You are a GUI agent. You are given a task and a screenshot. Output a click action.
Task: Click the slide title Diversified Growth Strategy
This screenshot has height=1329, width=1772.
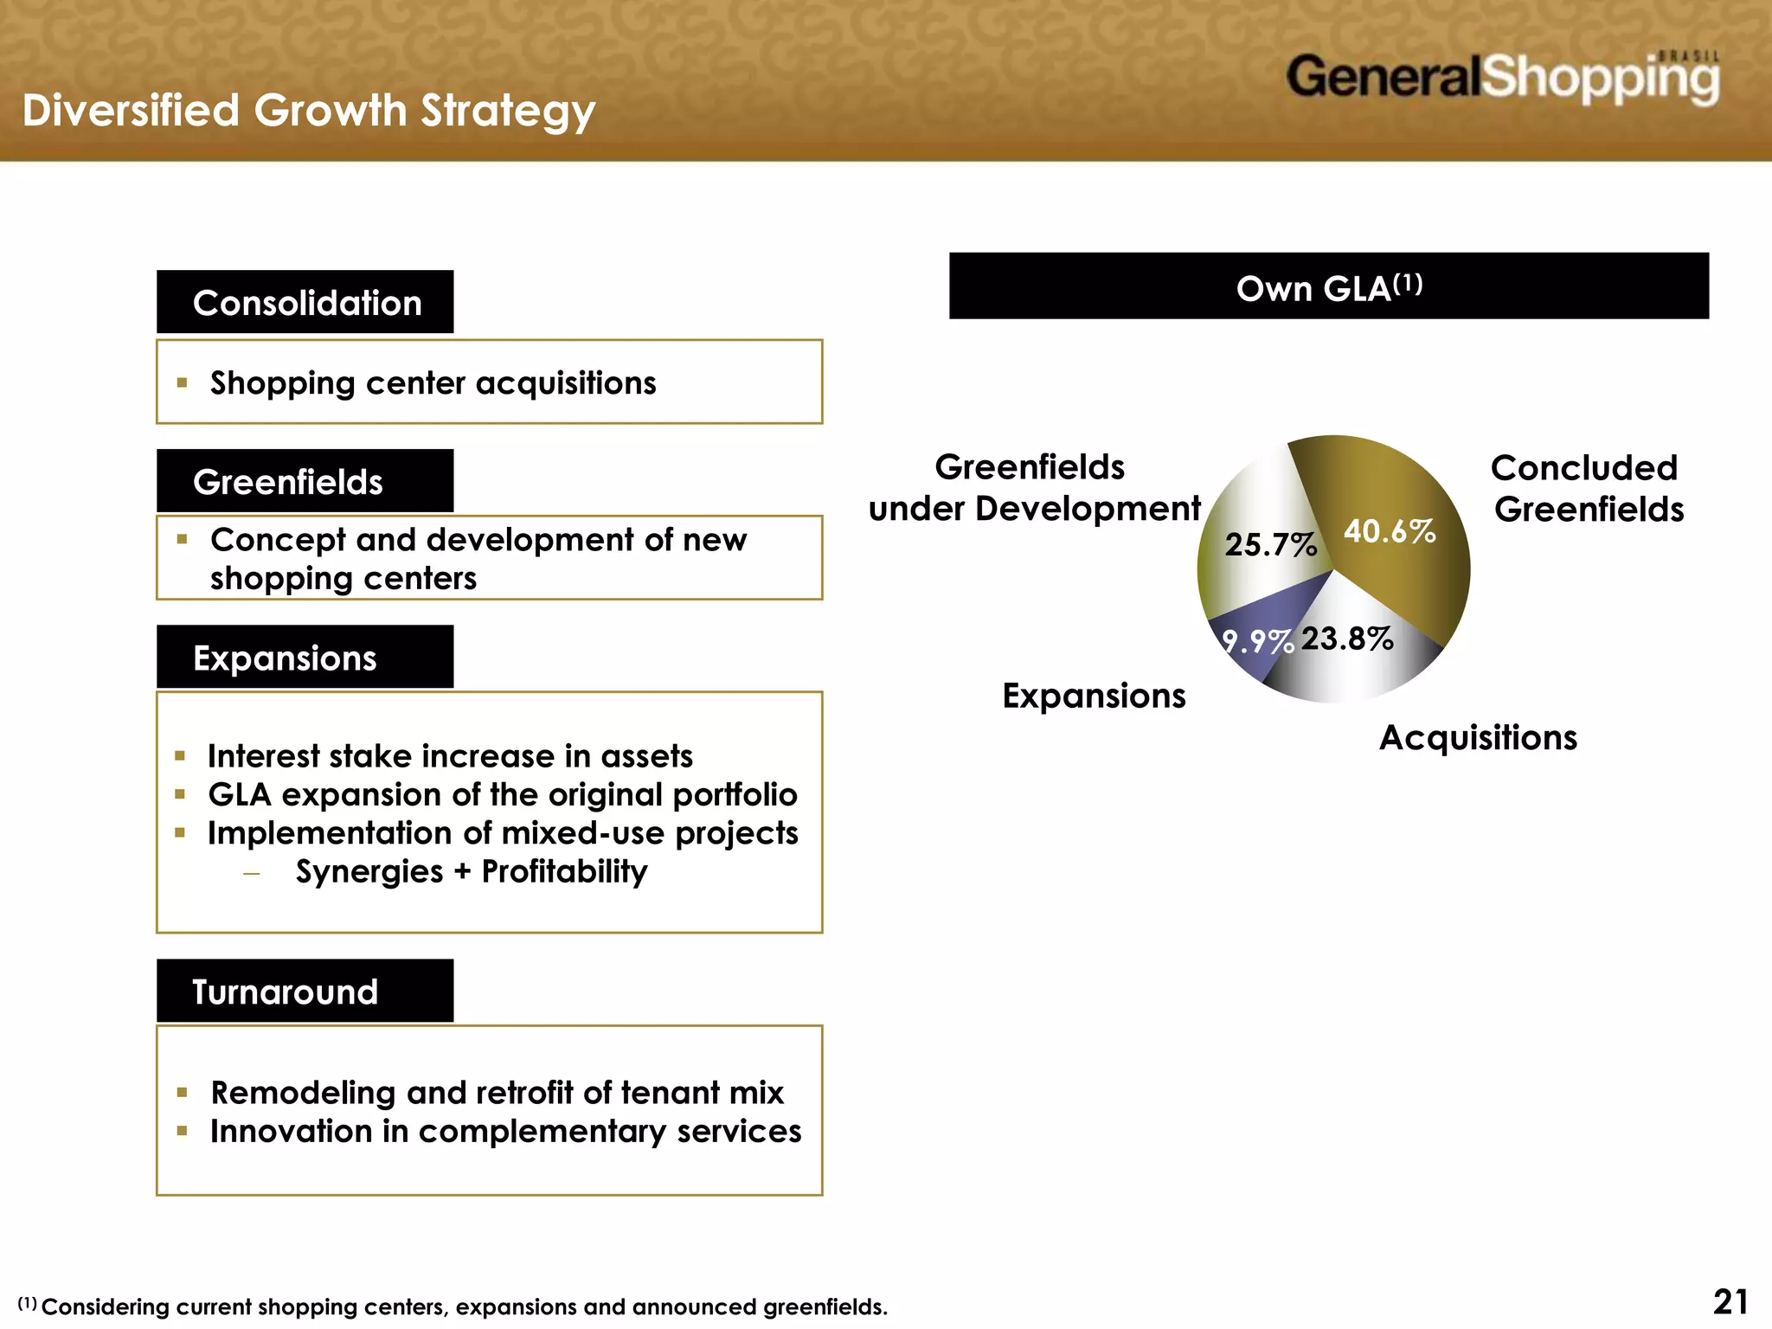click(x=309, y=112)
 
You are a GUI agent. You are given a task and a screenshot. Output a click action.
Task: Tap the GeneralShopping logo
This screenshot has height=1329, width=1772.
click(x=1502, y=79)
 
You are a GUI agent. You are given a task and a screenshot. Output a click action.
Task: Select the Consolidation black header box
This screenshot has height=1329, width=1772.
click(x=305, y=302)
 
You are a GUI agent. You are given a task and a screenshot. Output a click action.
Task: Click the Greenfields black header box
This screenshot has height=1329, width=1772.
click(x=305, y=481)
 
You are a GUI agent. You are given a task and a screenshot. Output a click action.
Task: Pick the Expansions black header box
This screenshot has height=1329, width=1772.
click(x=305, y=658)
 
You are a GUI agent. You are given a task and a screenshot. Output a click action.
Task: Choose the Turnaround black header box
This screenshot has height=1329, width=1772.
click(x=305, y=991)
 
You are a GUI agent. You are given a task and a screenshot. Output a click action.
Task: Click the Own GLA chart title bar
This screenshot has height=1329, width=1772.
click(x=1328, y=286)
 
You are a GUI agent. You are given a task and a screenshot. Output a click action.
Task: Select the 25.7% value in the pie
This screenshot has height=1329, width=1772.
click(x=1270, y=544)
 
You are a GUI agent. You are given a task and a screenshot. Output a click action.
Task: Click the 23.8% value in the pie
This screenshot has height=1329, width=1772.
click(x=1347, y=639)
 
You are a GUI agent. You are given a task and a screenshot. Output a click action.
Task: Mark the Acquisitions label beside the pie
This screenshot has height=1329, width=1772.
click(x=1478, y=738)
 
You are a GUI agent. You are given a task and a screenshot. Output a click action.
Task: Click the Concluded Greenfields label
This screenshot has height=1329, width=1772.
click(x=1588, y=489)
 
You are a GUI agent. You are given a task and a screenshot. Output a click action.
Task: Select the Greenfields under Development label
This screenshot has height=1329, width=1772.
click(x=1034, y=488)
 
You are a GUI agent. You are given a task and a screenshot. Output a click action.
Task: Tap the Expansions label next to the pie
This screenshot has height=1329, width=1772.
click(x=1094, y=696)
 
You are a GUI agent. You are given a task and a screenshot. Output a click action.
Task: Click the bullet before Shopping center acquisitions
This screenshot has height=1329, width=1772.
click(x=182, y=382)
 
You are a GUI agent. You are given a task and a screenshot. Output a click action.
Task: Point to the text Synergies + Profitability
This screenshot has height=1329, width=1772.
click(x=472, y=871)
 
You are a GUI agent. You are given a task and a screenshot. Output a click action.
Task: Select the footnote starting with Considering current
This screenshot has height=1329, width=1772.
click(x=464, y=1307)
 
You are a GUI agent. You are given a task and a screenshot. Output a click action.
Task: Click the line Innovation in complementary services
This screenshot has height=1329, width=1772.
click(x=505, y=1132)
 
